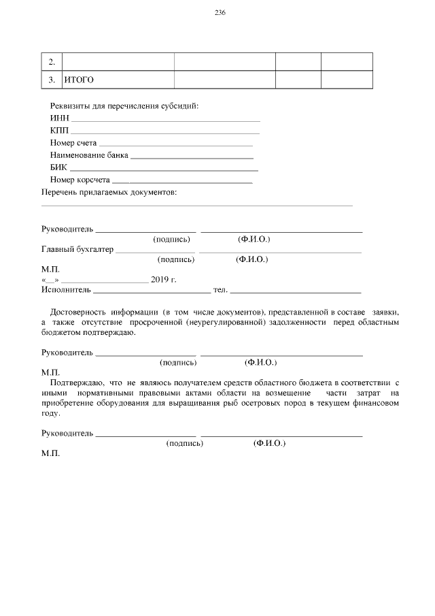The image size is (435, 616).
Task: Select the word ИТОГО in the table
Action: click(79, 80)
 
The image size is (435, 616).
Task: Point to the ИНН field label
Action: click(60, 118)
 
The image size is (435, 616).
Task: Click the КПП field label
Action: click(60, 130)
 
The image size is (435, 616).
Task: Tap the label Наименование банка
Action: click(88, 155)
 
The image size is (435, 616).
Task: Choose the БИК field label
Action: click(58, 167)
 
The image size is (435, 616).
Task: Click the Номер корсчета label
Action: click(80, 180)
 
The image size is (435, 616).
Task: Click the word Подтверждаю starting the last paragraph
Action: click(76, 384)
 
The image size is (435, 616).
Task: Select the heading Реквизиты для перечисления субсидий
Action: click(124, 106)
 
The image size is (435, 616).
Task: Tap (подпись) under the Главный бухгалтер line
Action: click(176, 259)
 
